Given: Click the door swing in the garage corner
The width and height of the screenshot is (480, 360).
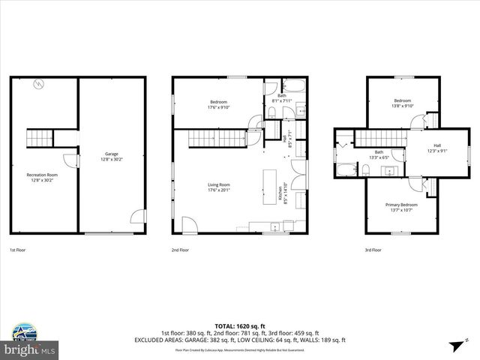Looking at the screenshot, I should pyautogui.click(x=137, y=217).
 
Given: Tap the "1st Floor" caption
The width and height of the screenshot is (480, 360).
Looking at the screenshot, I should pyautogui.click(x=18, y=250).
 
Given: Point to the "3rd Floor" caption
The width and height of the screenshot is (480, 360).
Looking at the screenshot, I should pyautogui.click(x=373, y=250).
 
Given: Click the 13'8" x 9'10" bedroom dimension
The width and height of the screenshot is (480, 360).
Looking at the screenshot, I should pyautogui.click(x=403, y=106).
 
